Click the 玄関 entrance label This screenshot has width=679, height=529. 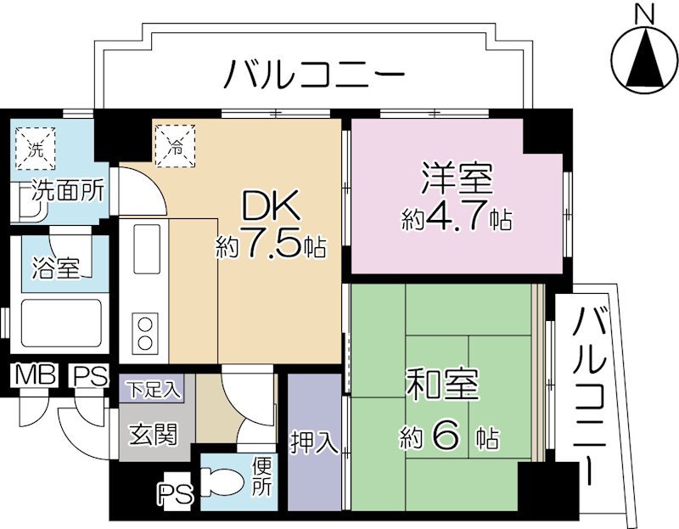point(154,436)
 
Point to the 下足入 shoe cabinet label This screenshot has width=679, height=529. point(154,390)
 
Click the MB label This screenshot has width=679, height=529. point(31,374)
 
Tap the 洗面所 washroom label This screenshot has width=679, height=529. point(68,190)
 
